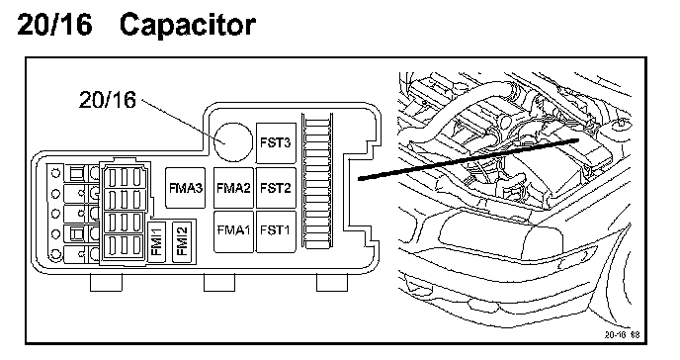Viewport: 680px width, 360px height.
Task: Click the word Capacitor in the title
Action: [188, 25]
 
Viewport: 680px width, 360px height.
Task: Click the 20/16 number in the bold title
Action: [54, 24]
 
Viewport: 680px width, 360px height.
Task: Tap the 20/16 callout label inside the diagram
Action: [108, 100]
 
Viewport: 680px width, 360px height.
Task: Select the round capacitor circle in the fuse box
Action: [233, 141]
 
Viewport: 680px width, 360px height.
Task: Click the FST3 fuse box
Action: [276, 142]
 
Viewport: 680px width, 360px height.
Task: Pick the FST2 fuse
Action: [276, 188]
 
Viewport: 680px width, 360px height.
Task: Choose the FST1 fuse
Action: [276, 231]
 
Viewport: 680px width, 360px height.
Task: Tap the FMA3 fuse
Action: [186, 188]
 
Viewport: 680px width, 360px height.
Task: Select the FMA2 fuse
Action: [233, 188]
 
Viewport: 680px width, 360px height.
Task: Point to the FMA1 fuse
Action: [233, 231]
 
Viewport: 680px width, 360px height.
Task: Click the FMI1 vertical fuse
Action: [156, 242]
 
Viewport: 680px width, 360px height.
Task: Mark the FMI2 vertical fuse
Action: [182, 242]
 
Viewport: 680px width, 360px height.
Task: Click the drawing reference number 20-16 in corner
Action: [622, 335]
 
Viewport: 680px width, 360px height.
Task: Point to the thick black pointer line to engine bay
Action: [468, 159]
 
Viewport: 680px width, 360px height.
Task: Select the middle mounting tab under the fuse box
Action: [219, 282]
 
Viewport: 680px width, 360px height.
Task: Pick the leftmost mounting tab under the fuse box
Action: [107, 282]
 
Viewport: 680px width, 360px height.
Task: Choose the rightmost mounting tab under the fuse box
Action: [332, 282]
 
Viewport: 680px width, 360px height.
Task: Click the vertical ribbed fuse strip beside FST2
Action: [317, 181]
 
